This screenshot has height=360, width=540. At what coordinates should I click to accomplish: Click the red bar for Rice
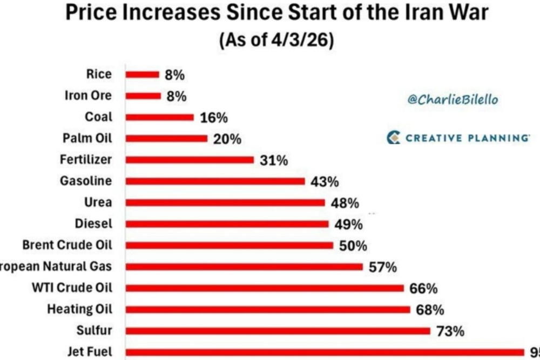point(143,74)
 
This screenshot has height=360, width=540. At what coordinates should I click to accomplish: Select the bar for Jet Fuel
point(324,352)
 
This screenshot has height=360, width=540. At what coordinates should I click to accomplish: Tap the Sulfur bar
point(278,330)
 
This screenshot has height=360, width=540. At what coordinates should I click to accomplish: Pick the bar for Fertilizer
point(190,160)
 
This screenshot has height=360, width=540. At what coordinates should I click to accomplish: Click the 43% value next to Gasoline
point(325,182)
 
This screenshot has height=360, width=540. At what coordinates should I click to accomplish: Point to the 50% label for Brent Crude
point(353,246)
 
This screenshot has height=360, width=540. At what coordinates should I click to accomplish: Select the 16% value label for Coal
point(214,118)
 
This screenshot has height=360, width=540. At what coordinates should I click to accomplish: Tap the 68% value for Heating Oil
point(430,310)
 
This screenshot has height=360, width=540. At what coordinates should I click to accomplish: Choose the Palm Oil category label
point(87,138)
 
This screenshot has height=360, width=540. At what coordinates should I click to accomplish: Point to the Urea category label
point(98,202)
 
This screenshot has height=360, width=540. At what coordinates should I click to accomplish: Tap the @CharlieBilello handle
point(453,99)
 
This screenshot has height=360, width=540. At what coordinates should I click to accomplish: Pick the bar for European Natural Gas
point(244,267)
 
